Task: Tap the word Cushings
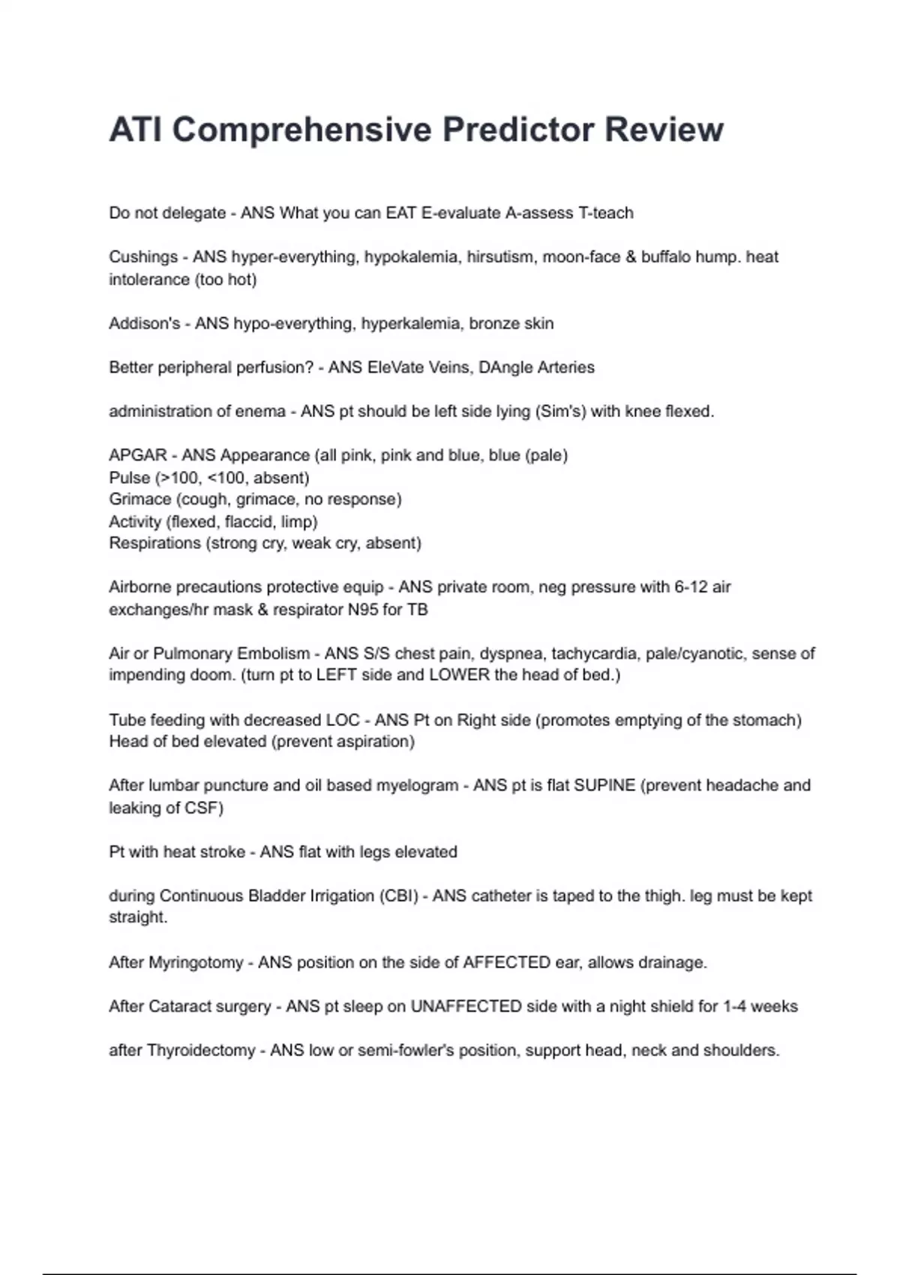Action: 143,257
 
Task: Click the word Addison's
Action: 144,324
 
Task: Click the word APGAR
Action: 138,456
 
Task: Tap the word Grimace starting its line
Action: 139,499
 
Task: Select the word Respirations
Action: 154,543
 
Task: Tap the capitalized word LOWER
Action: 459,675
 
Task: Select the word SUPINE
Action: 604,786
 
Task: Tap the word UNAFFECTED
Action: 466,1006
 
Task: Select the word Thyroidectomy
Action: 201,1051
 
